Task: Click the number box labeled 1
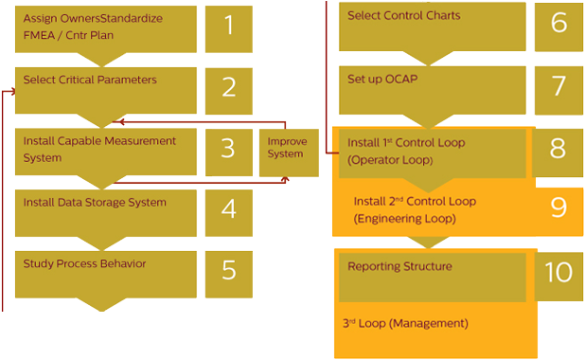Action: coord(229,27)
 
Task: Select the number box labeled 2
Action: coord(229,87)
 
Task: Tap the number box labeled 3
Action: coord(229,150)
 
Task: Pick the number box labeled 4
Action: coord(229,208)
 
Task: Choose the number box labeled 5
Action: coord(229,270)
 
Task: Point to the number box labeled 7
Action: coord(558,86)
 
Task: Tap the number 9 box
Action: coord(558,207)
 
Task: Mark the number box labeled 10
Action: coord(558,273)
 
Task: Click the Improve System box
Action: coord(286,148)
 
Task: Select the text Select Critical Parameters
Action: coord(90,80)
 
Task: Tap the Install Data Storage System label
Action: coord(95,202)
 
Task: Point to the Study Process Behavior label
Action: coord(84,262)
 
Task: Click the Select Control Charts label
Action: coord(404,16)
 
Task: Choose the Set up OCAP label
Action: coord(382,79)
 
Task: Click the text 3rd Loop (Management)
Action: coord(405,324)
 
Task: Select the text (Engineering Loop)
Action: coord(404,219)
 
